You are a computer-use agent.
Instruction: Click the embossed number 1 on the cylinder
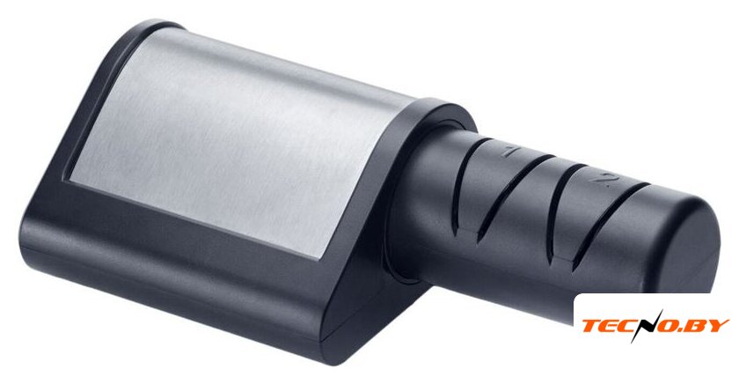pyautogui.click(x=509, y=152)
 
